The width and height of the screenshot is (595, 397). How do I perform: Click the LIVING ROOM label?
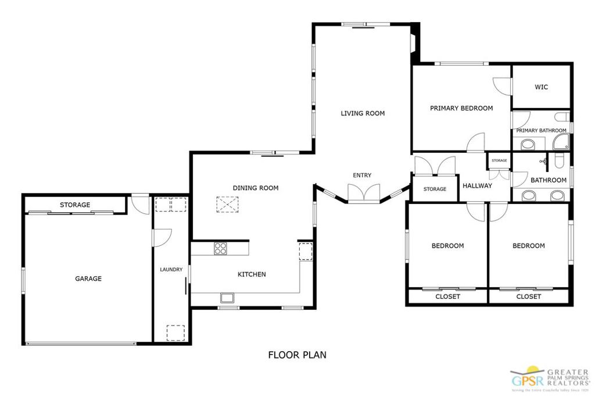pyautogui.click(x=363, y=113)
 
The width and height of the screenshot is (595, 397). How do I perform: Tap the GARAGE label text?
pyautogui.click(x=88, y=278)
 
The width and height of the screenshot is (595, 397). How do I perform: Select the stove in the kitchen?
pyautogui.click(x=221, y=248)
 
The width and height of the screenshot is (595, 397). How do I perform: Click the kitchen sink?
pyautogui.click(x=227, y=298)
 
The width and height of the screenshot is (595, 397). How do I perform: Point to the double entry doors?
pyautogui.click(x=363, y=193)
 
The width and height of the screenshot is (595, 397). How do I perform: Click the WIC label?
pyautogui.click(x=541, y=87)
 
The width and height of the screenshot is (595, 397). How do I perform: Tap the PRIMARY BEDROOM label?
pyautogui.click(x=461, y=108)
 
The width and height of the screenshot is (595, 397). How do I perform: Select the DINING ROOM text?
pyautogui.click(x=256, y=188)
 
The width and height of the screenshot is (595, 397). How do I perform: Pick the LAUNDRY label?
pyautogui.click(x=171, y=270)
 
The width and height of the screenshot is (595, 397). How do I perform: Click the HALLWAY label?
pyautogui.click(x=477, y=186)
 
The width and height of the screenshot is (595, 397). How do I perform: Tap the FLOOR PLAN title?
pyautogui.click(x=297, y=355)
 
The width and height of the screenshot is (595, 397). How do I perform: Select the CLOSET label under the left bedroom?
pyautogui.click(x=447, y=296)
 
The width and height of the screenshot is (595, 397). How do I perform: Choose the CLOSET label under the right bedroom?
pyautogui.click(x=528, y=296)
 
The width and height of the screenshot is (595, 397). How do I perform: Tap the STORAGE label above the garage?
pyautogui.click(x=75, y=205)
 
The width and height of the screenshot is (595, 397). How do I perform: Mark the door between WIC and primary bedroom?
pyautogui.click(x=502, y=87)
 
